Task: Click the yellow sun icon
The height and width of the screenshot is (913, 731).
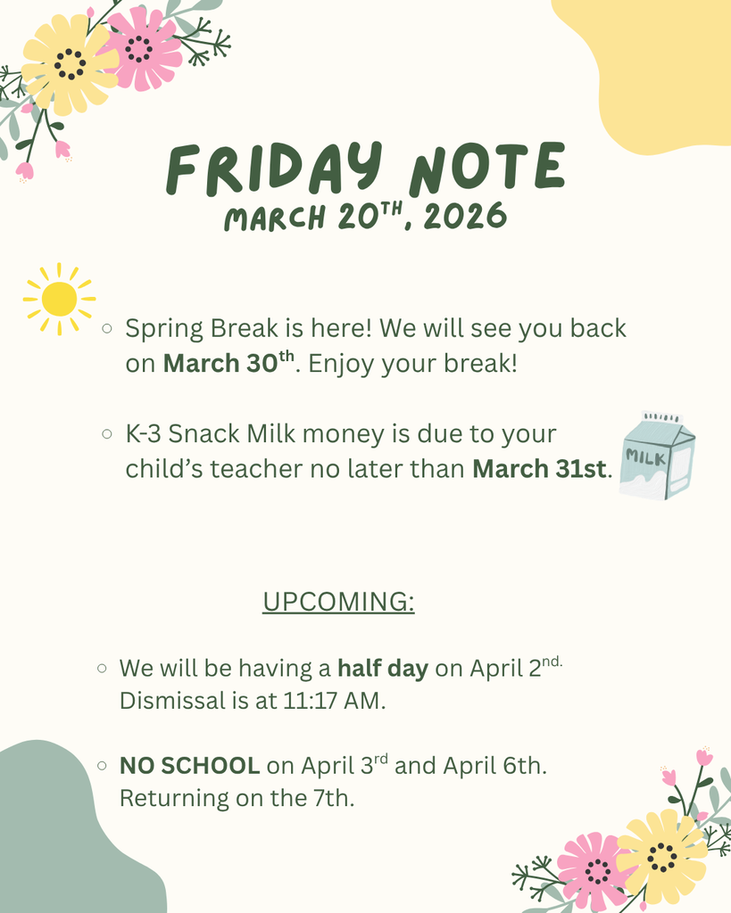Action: click(x=59, y=299)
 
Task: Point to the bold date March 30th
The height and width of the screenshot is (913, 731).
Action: click(x=228, y=363)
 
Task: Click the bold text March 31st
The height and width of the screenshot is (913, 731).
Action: click(x=539, y=468)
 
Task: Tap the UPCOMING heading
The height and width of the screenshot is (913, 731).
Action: click(x=338, y=602)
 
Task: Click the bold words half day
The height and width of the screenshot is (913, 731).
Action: click(x=382, y=668)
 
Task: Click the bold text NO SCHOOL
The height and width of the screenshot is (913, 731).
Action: click(x=190, y=765)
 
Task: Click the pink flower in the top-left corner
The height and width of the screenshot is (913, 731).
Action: click(x=141, y=47)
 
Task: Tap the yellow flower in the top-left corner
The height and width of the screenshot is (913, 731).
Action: click(x=68, y=63)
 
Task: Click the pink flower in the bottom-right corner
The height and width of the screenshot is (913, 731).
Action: click(x=593, y=868)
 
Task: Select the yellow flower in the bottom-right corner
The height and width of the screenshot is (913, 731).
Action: click(x=662, y=856)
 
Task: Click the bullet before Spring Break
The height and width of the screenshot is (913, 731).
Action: click(x=107, y=329)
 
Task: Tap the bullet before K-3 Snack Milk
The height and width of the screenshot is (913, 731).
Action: click(x=107, y=435)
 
